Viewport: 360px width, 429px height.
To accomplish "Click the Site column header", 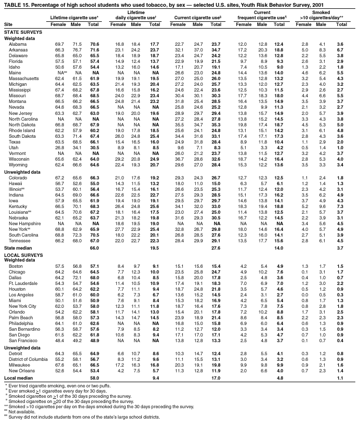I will click(8, 24).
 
